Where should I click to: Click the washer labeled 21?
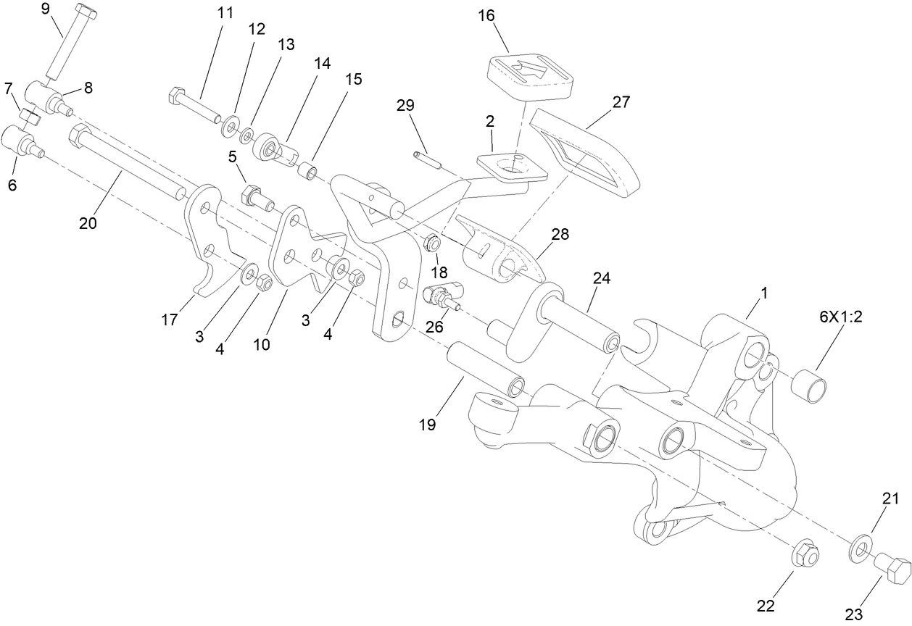pyautogui.click(x=858, y=548)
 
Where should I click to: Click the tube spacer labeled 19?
pyautogui.click(x=485, y=368)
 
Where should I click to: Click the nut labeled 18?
pyautogui.click(x=431, y=243)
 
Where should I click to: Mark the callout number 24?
pyautogui.click(x=602, y=278)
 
